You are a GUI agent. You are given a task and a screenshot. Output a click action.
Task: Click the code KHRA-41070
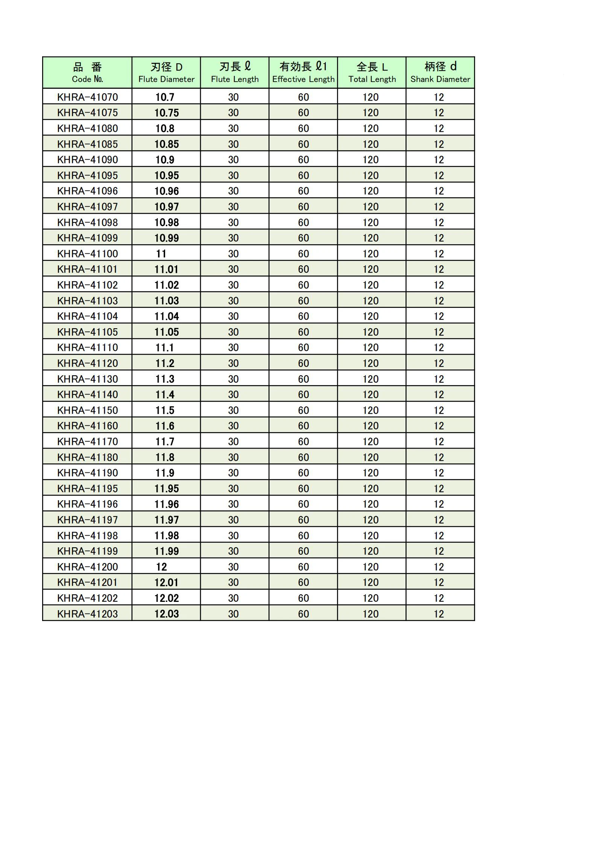[87, 97]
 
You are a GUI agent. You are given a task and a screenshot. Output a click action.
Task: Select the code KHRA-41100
[87, 254]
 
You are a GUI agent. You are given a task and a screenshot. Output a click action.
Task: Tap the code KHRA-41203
[87, 614]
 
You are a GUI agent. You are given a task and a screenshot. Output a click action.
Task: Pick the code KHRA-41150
[87, 410]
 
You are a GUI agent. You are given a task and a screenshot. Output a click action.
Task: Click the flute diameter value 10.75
[166, 113]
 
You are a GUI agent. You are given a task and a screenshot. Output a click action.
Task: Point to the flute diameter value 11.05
[166, 332]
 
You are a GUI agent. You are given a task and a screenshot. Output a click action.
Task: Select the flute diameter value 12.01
[166, 583]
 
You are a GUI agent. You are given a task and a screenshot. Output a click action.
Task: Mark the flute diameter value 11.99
[166, 551]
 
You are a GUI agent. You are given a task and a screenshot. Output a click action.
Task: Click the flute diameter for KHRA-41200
[161, 567]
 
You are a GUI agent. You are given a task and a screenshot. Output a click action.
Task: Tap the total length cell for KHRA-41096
[371, 191]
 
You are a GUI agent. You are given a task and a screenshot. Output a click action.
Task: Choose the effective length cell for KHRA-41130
[303, 379]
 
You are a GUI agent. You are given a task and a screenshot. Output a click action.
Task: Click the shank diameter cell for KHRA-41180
[439, 457]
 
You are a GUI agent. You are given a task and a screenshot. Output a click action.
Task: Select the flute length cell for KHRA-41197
[233, 520]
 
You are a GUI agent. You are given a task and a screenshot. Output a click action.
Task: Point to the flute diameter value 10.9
[165, 160]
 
